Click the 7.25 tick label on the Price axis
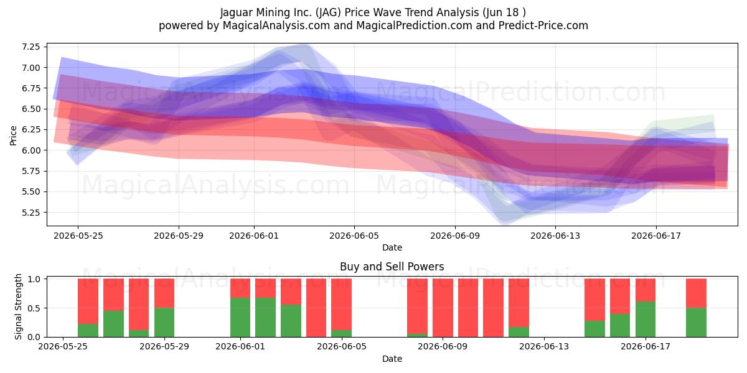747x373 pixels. tap(31, 47)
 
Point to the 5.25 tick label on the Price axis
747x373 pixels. tap(31, 213)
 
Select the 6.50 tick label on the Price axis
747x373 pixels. tap(31, 109)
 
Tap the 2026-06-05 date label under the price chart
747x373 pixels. tap(354, 236)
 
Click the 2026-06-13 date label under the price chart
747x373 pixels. tap(555, 236)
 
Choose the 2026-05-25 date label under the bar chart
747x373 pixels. tap(63, 347)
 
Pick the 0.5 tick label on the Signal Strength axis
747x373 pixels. tap(34, 308)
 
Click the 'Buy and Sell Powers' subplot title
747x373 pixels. tap(392, 267)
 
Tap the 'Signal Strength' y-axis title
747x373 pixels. tap(18, 306)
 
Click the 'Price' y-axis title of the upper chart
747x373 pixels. tap(13, 136)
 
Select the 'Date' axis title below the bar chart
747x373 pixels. tap(392, 359)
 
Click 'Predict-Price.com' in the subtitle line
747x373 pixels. tap(543, 25)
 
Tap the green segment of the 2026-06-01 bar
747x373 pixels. tap(240, 318)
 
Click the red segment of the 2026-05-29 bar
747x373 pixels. tap(164, 293)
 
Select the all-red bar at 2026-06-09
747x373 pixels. tap(443, 308)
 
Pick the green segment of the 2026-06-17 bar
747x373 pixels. tap(646, 320)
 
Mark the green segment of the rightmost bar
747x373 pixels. tap(696, 323)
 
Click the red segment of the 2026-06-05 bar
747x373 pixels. tap(342, 305)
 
